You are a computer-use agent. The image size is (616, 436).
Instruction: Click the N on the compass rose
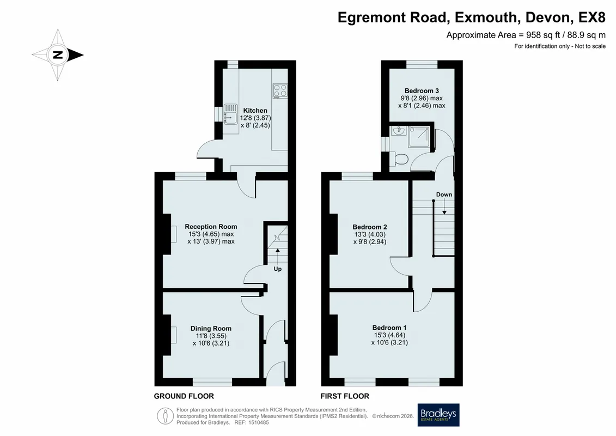[58, 55]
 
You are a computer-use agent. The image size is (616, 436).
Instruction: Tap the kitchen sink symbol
[230, 114]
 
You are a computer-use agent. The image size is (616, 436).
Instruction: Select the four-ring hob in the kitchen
[280, 90]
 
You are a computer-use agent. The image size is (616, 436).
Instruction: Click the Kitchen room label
[255, 111]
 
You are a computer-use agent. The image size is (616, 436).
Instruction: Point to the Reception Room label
[211, 227]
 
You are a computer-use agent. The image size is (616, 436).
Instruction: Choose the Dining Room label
[211, 328]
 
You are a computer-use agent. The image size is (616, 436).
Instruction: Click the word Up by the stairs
[278, 269]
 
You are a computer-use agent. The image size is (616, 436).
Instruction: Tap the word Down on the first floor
[444, 195]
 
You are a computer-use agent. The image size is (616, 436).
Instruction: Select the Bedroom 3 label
[422, 91]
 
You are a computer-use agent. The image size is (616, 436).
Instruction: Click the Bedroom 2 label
[370, 227]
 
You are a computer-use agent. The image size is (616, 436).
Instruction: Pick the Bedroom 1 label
[389, 328]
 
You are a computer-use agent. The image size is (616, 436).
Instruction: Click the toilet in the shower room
[400, 159]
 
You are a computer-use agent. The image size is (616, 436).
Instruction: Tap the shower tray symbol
[419, 136]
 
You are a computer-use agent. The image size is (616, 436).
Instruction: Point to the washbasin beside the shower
[398, 131]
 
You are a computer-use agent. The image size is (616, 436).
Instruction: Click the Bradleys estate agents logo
[438, 415]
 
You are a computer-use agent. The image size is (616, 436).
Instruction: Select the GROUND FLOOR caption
[184, 396]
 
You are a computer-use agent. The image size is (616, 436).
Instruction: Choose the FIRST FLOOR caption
[345, 396]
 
